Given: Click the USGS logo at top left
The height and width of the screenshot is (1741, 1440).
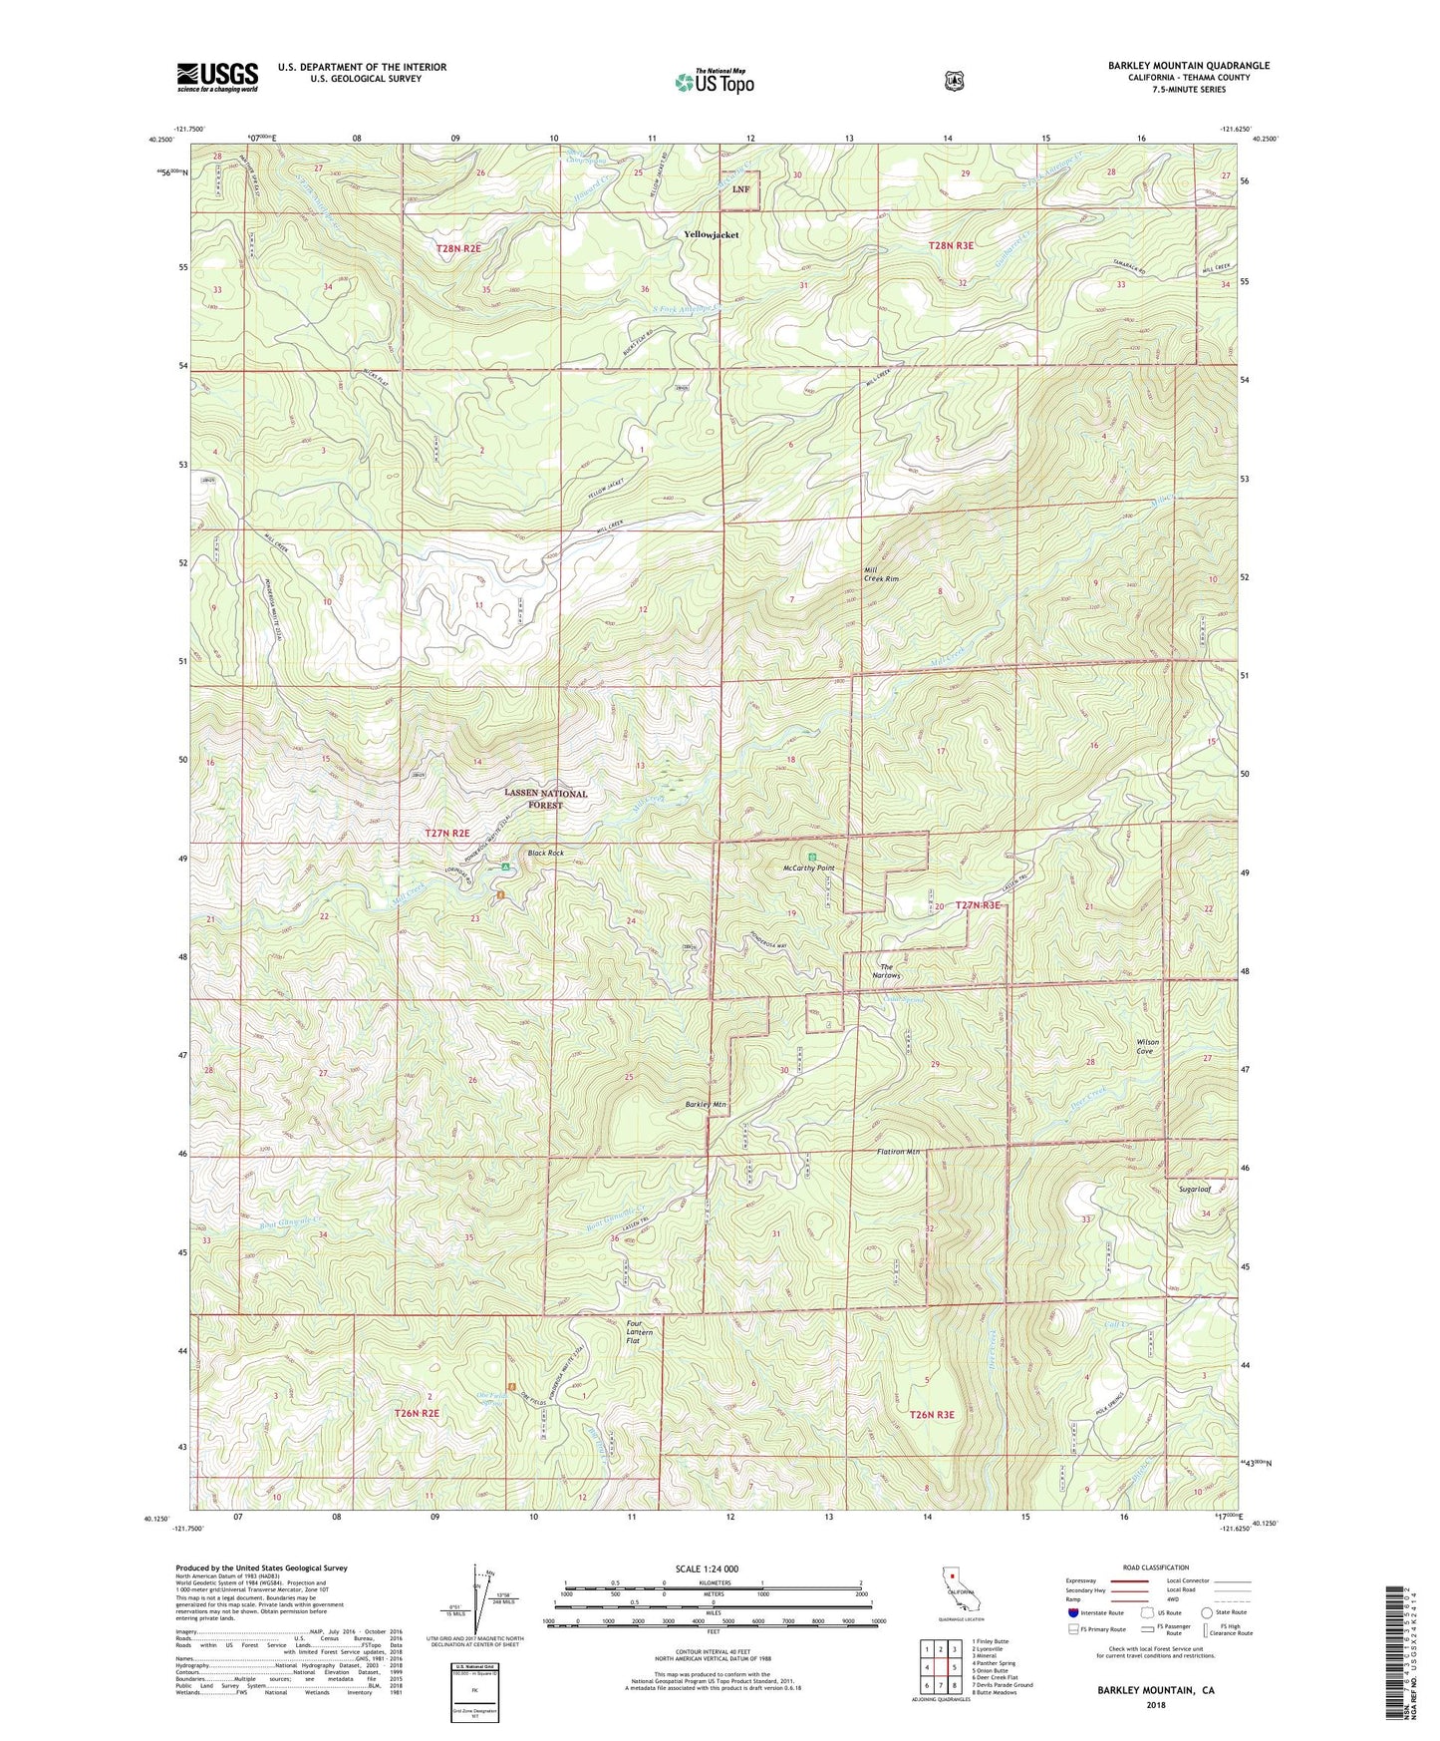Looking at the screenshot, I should (217, 76).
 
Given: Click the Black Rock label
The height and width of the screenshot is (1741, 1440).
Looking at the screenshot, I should (545, 853).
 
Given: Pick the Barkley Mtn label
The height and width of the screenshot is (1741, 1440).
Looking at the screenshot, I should (707, 1105).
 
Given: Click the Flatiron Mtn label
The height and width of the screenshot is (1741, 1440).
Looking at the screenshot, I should (898, 1152).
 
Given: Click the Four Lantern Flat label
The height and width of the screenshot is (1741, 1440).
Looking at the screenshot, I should (640, 1332).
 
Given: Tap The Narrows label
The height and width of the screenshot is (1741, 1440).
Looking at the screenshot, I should (886, 971).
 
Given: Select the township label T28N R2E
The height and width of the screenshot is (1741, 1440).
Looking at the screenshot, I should (464, 248).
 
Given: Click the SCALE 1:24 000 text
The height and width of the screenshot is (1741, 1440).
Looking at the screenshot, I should (707, 1568).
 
